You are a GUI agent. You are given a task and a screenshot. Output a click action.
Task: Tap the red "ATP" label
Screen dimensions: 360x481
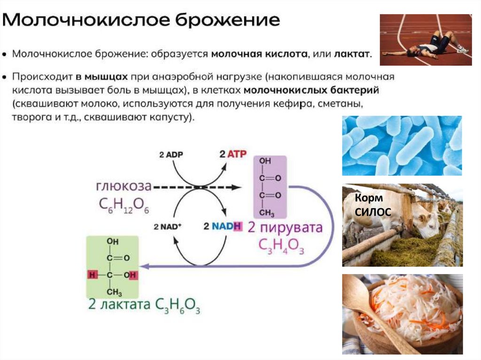(x=236, y=154)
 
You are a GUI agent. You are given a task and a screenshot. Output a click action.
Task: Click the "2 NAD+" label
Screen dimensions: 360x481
(x=167, y=227)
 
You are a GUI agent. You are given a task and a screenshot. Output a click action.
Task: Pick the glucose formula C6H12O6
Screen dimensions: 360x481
(x=124, y=205)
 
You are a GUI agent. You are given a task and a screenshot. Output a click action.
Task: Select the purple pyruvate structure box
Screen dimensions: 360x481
(x=270, y=187)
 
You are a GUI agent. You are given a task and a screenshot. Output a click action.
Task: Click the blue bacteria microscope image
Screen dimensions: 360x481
(x=402, y=146)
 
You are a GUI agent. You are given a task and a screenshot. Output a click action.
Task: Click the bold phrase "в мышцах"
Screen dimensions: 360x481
(x=102, y=77)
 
